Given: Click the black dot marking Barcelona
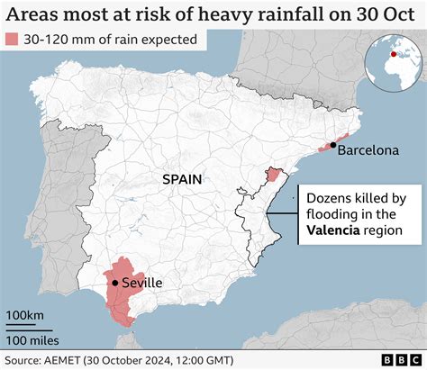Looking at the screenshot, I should click(x=333, y=145).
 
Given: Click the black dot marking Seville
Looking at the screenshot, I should click(x=115, y=283).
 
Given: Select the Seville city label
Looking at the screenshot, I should click(x=142, y=283).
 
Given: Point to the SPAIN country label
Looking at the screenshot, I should click(x=183, y=179).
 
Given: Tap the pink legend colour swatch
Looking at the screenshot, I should click(x=15, y=41).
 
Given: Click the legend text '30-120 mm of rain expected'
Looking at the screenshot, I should click(x=113, y=41).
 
